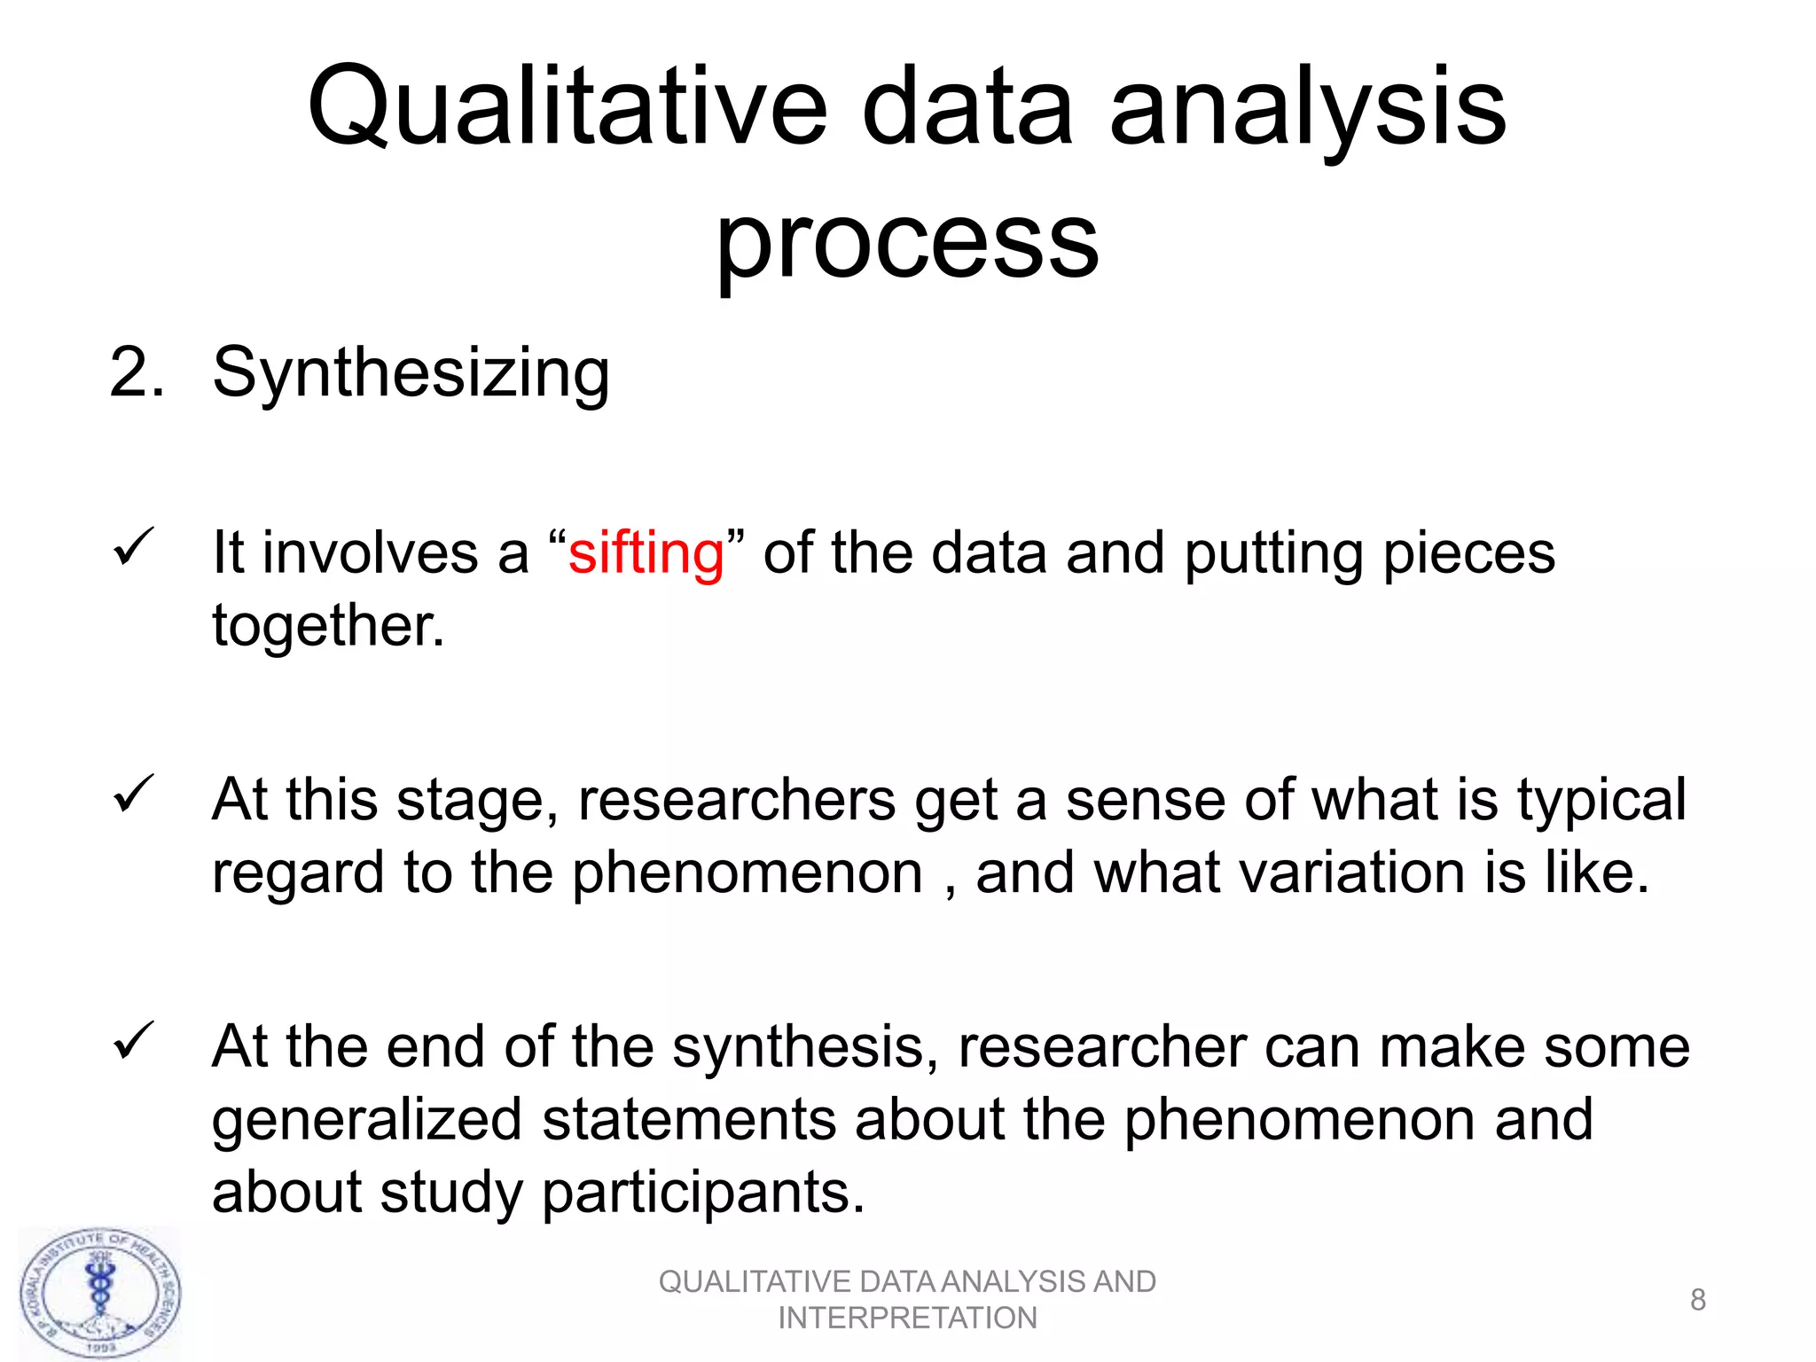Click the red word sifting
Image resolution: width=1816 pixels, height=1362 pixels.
tap(646, 554)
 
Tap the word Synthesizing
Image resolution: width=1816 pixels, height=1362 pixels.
tap(411, 373)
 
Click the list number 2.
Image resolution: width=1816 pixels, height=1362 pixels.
tap(136, 373)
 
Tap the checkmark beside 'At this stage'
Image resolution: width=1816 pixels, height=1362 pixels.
tap(134, 794)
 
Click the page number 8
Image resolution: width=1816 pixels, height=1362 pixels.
tap(1697, 1300)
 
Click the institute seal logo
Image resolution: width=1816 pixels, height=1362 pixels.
tap(100, 1294)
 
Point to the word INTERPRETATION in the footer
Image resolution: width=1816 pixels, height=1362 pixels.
tap(907, 1319)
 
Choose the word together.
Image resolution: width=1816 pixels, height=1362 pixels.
tap(328, 626)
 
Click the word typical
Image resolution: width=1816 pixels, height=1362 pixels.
tap(1601, 801)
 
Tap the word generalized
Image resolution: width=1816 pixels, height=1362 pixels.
tap(367, 1120)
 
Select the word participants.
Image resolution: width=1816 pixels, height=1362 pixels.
tap(702, 1193)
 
